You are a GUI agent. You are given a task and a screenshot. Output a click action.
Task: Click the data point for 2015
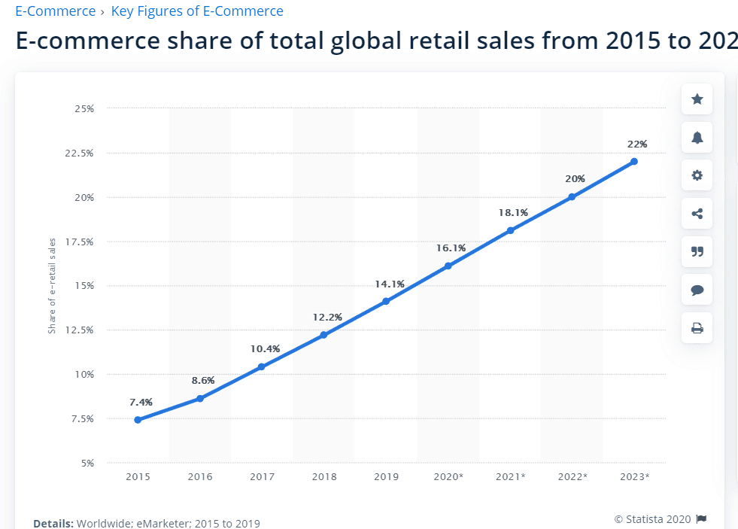pyautogui.click(x=138, y=420)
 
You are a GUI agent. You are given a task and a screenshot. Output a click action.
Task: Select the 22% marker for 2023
pyautogui.click(x=634, y=161)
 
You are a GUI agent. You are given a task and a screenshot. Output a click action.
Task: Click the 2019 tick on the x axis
pyautogui.click(x=386, y=476)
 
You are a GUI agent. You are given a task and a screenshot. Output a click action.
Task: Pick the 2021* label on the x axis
pyautogui.click(x=510, y=476)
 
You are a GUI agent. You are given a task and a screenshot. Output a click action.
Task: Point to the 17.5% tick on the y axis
pyautogui.click(x=80, y=242)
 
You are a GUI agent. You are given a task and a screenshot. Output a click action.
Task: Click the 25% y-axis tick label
pyautogui.click(x=84, y=108)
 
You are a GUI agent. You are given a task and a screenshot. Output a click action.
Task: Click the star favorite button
pyautogui.click(x=697, y=99)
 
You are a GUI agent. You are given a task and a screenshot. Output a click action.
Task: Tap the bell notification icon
pyautogui.click(x=697, y=137)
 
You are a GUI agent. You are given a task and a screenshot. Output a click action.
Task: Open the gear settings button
pyautogui.click(x=697, y=175)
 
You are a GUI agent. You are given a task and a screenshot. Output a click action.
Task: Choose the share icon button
pyautogui.click(x=697, y=214)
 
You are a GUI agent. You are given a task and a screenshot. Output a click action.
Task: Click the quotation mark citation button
pyautogui.click(x=697, y=251)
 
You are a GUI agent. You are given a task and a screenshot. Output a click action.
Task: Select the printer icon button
pyautogui.click(x=697, y=327)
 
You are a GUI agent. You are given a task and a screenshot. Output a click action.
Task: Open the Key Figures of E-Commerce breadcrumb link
pyautogui.click(x=197, y=11)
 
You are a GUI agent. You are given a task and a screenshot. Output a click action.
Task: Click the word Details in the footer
pyautogui.click(x=53, y=523)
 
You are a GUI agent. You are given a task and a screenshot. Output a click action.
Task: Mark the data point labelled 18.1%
pyautogui.click(x=510, y=230)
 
